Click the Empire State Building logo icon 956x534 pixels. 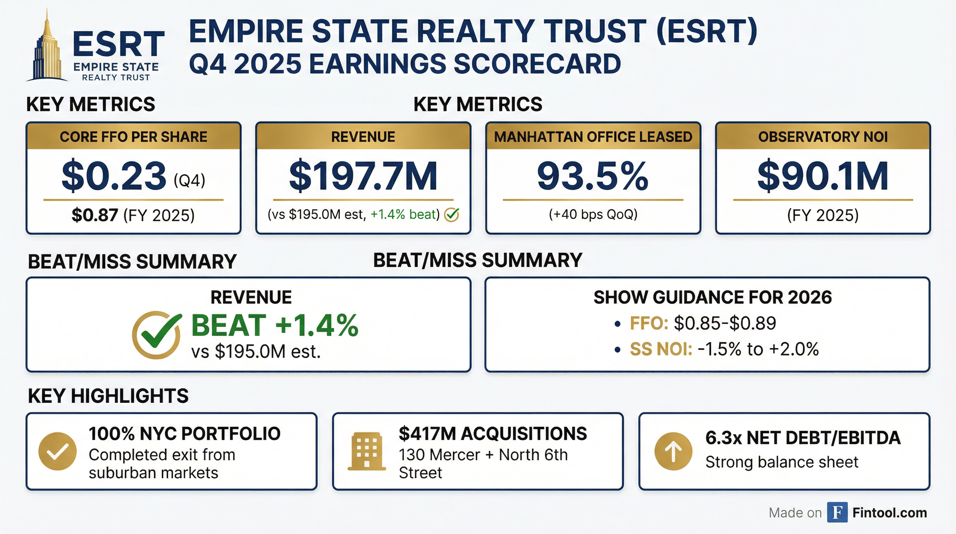pos(48,48)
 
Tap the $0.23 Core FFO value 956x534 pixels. pos(114,176)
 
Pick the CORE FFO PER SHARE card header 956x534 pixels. pos(134,137)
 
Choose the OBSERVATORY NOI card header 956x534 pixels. pos(823,137)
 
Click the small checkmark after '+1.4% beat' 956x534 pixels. pos(452,215)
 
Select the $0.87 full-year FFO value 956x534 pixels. pos(94,215)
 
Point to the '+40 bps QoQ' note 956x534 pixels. pos(593,214)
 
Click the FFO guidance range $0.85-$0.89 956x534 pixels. pos(724,323)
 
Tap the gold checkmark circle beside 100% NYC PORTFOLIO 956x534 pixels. pos(58,451)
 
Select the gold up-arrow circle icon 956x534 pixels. pos(673,451)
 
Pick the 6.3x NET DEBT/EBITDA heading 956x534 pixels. pos(803,438)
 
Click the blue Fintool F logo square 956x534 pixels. pos(837,512)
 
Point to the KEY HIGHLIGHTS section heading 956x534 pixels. pos(108,396)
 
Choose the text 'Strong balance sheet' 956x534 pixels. pos(782,462)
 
